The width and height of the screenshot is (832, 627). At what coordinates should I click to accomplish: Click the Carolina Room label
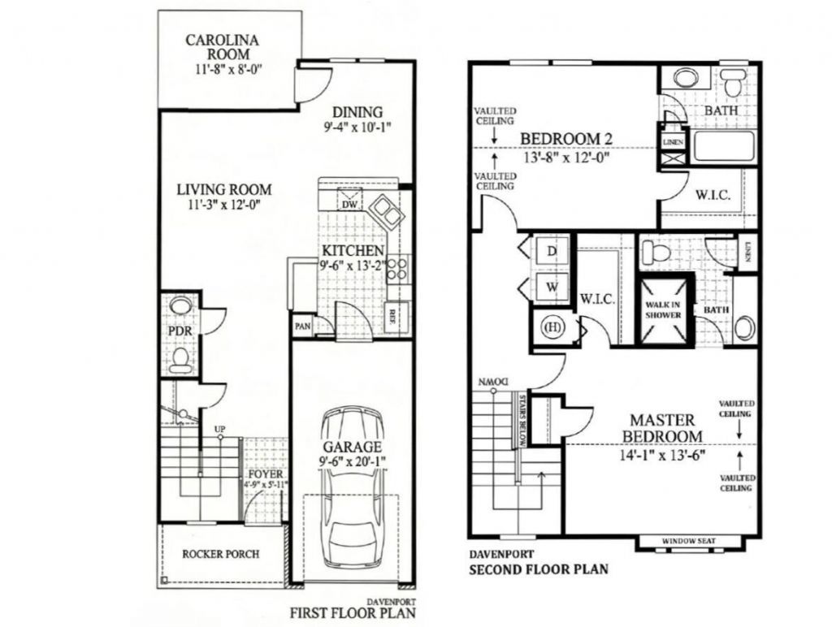[223, 46]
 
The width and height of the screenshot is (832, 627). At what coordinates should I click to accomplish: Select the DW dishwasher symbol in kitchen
[349, 204]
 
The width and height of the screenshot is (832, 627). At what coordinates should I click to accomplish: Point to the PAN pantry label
[302, 327]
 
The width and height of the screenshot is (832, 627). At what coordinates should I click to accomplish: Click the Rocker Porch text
[222, 554]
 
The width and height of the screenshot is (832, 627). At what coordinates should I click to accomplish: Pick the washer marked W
[552, 286]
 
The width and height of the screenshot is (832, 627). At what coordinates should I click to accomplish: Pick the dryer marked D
[552, 251]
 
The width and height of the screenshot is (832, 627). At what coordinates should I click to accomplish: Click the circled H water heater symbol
[552, 327]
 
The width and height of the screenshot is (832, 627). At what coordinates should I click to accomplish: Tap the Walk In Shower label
[663, 309]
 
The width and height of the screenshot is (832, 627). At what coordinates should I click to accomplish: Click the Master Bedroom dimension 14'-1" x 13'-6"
[663, 455]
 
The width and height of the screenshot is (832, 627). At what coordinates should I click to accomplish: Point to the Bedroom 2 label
[565, 138]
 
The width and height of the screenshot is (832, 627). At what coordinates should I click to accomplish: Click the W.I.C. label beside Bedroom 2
[711, 196]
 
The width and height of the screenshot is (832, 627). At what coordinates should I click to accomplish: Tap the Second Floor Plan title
[538, 569]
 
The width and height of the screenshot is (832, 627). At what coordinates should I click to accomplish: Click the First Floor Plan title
[352, 611]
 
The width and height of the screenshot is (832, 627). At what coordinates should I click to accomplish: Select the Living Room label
[224, 190]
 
